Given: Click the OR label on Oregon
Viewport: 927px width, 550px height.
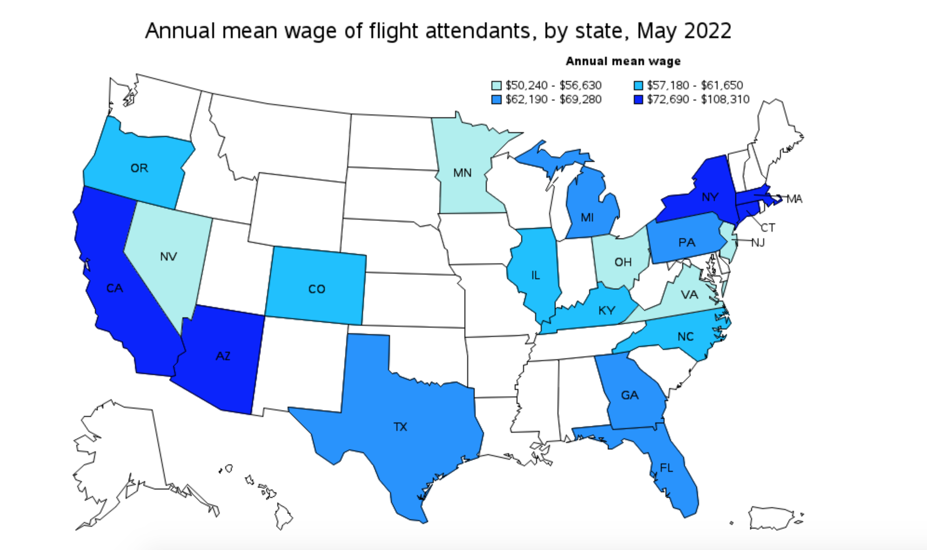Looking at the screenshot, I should pyautogui.click(x=139, y=168).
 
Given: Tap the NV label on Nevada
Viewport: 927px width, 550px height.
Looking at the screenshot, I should pyautogui.click(x=168, y=256).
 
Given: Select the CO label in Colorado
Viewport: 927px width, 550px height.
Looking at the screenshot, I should pyautogui.click(x=316, y=289).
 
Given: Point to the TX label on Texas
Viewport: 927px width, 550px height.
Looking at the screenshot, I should pyautogui.click(x=400, y=427).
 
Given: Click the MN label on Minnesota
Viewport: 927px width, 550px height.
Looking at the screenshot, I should pyautogui.click(x=462, y=173).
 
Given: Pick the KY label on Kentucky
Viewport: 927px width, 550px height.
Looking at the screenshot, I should pyautogui.click(x=606, y=310).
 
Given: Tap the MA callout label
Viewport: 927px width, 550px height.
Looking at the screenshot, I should pyautogui.click(x=794, y=199).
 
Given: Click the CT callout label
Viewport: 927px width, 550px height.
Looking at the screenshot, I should pyautogui.click(x=768, y=228).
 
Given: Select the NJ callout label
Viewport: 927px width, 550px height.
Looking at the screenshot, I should pyautogui.click(x=758, y=242).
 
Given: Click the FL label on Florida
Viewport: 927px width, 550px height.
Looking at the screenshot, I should pyautogui.click(x=666, y=468).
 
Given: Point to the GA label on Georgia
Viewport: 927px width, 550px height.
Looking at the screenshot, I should pyautogui.click(x=630, y=395).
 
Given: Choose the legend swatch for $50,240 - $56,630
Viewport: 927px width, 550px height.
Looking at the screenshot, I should pyautogui.click(x=497, y=86).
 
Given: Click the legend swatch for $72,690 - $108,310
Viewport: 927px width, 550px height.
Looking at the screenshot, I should pyautogui.click(x=638, y=100).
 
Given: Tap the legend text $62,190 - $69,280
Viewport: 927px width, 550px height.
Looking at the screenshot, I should pyautogui.click(x=553, y=100).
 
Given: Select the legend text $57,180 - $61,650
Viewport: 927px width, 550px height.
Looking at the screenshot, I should pyautogui.click(x=695, y=86).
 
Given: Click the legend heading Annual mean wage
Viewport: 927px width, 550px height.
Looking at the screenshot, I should pyautogui.click(x=623, y=61).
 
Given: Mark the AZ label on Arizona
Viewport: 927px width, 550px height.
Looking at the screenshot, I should pyautogui.click(x=223, y=356).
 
